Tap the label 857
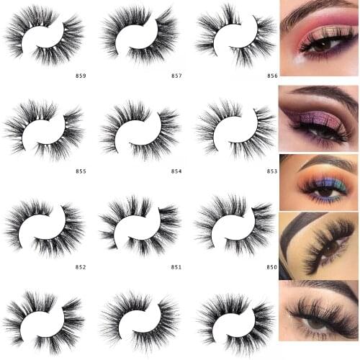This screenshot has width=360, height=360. pyautogui.click(x=176, y=75)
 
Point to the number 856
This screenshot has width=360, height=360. pyautogui.click(x=271, y=75)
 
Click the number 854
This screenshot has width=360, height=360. pyautogui.click(x=176, y=171)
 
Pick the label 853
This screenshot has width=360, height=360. pyautogui.click(x=271, y=171)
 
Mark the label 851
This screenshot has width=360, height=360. pyautogui.click(x=176, y=266)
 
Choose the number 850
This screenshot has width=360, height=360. pyautogui.click(x=271, y=266)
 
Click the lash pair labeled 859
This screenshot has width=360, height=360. pyautogui.click(x=43, y=35)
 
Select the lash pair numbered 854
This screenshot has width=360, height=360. pyautogui.click(x=140, y=130)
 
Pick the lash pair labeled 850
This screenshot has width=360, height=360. pyautogui.click(x=235, y=226)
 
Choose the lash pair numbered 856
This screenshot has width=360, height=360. pyautogui.click(x=235, y=35)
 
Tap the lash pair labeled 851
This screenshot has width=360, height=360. pyautogui.click(x=140, y=226)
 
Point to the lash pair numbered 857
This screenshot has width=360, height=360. pyautogui.click(x=140, y=35)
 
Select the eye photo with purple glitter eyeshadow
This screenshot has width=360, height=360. pyautogui.click(x=319, y=119)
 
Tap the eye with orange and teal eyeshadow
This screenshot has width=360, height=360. pyautogui.click(x=319, y=183)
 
